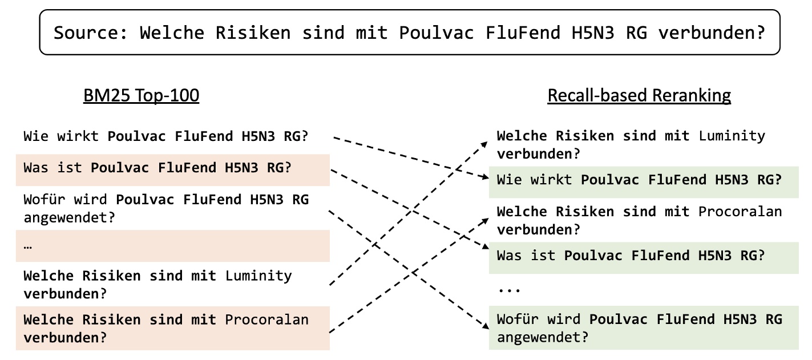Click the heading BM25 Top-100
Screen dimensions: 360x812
(142, 95)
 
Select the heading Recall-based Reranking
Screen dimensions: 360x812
(639, 95)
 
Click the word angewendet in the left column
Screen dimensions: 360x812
(66, 217)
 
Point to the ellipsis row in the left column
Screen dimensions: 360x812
(29, 246)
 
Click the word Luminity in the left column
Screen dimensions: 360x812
(258, 276)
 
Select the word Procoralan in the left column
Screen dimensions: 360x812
(266, 319)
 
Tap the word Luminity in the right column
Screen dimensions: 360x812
(732, 136)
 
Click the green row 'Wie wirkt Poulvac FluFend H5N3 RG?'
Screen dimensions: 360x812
(639, 180)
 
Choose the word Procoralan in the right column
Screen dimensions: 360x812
(740, 212)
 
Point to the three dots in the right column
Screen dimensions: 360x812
(509, 289)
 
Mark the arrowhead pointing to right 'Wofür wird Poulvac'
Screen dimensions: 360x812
(485, 326)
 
